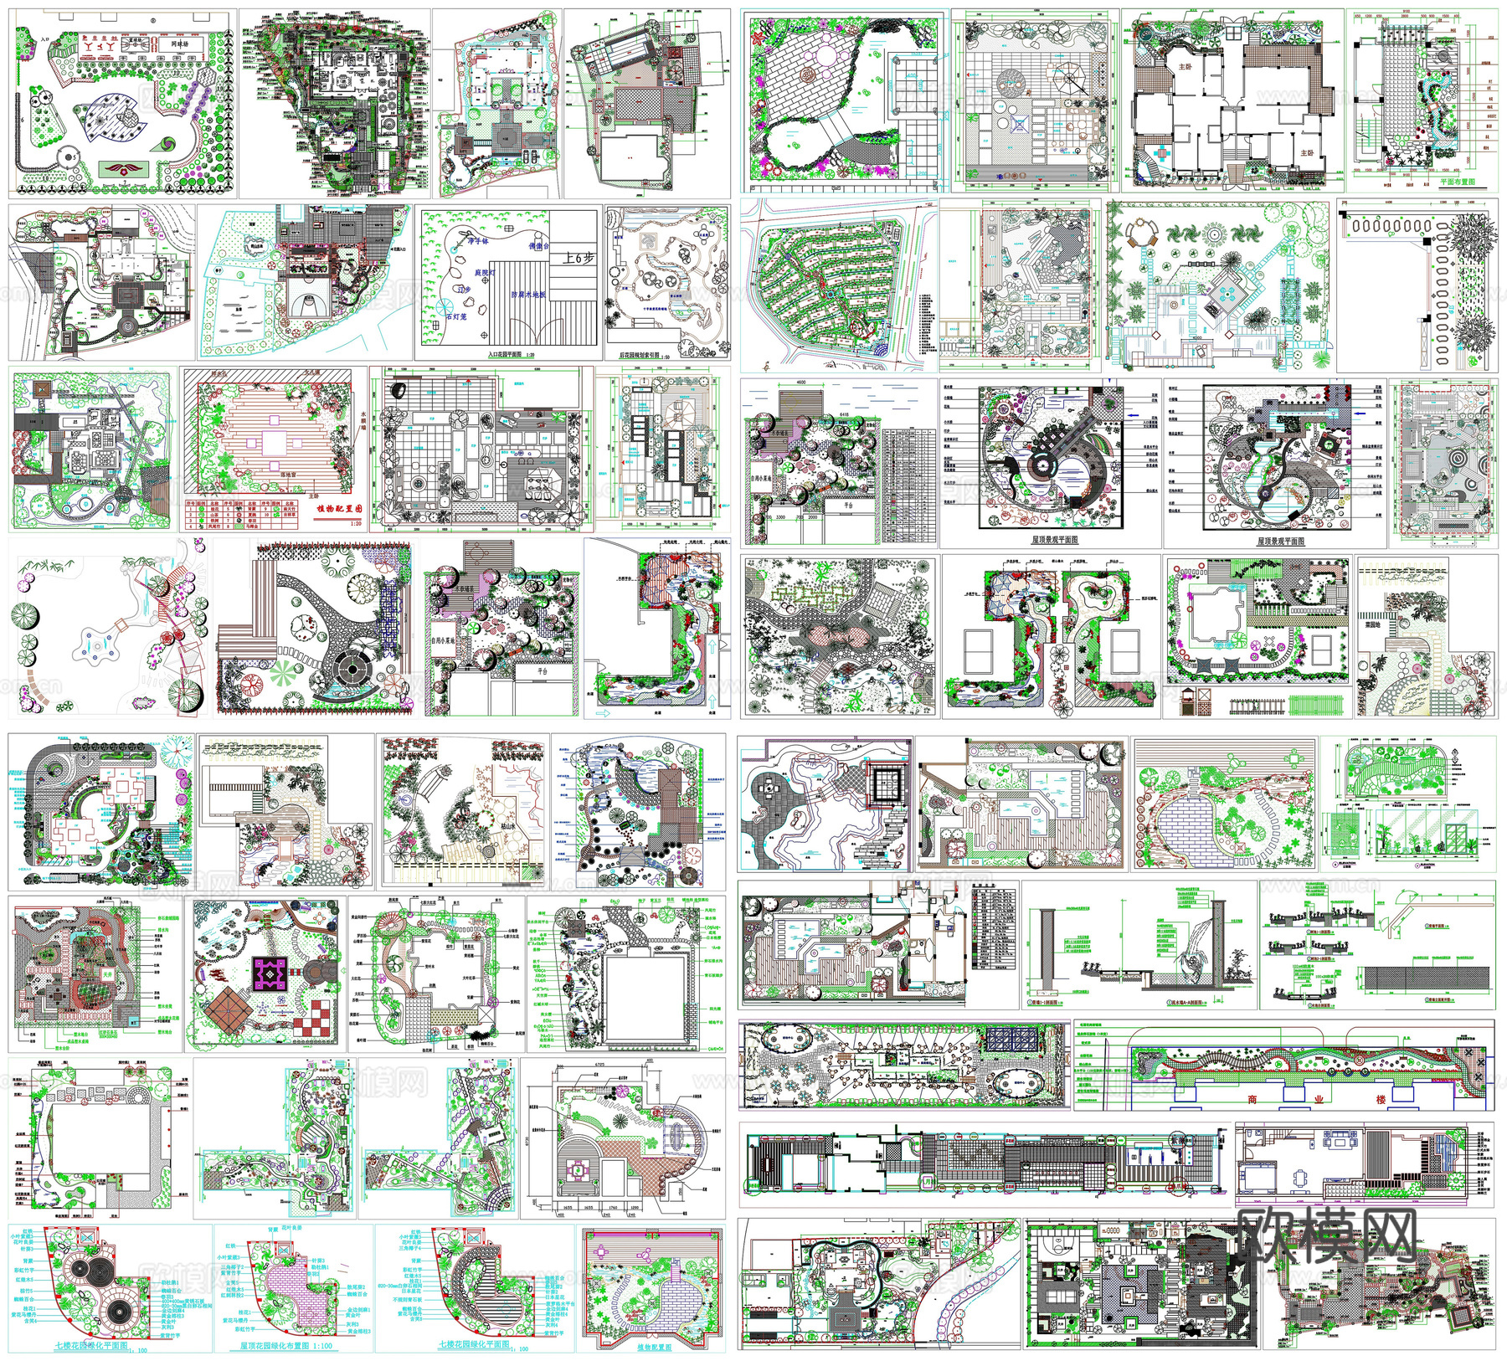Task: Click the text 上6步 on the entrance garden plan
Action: tap(578, 258)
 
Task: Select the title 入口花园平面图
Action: tap(512, 355)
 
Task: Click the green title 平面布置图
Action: tap(1458, 182)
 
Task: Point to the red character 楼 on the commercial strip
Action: tap(1380, 1099)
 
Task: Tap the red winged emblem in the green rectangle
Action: tap(128, 169)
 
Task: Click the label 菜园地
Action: tap(1373, 624)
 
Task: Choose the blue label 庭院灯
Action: tap(486, 273)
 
